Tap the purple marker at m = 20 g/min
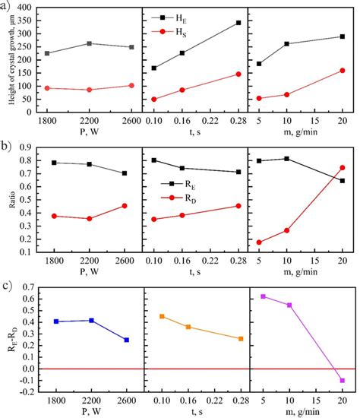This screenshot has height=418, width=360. [x=342, y=380]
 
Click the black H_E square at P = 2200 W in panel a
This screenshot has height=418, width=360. [x=90, y=43]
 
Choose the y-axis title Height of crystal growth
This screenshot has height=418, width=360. [x=8, y=61]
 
